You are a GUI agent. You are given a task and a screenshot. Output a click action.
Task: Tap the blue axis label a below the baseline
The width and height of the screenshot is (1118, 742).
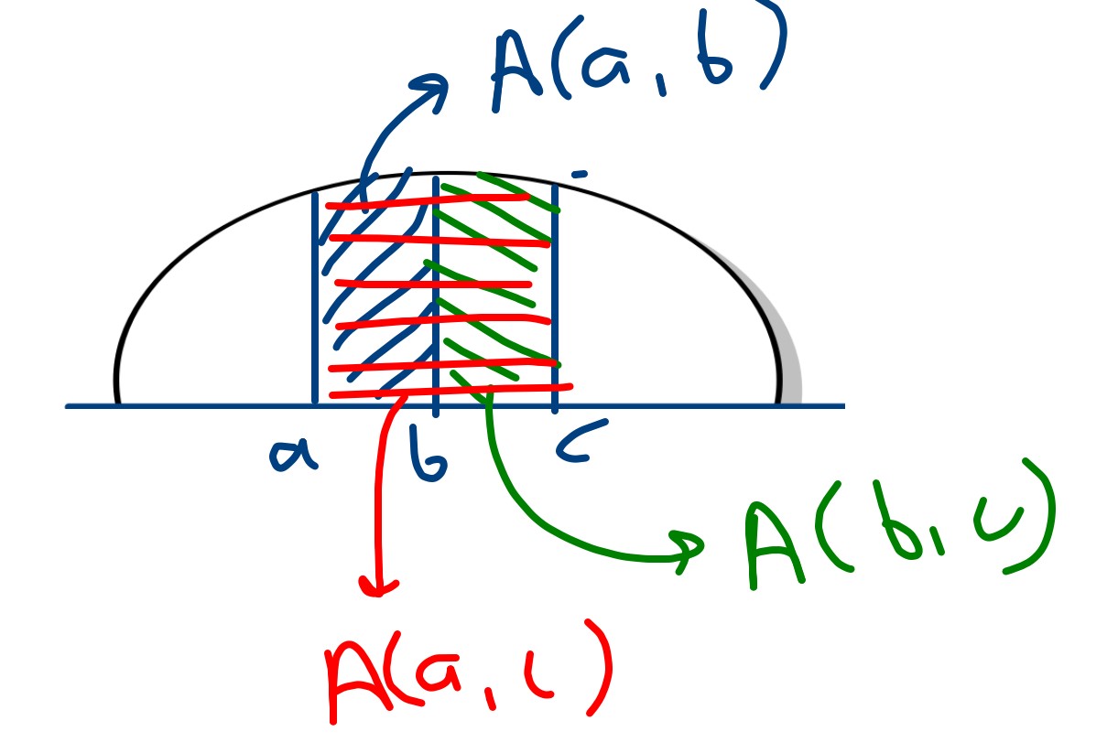292,453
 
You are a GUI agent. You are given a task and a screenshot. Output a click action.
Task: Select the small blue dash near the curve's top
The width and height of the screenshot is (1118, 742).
580,174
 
